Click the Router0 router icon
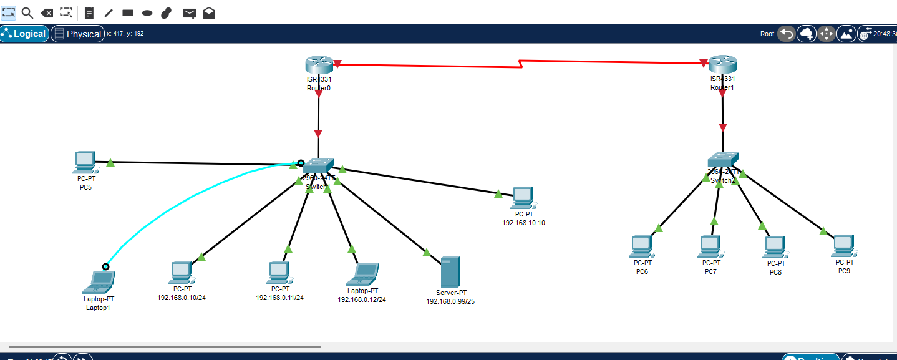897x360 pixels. pos(318,65)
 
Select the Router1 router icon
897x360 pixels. pos(722,64)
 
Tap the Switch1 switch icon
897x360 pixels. pos(318,165)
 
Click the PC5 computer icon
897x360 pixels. pos(84,162)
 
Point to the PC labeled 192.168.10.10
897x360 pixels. pos(523,198)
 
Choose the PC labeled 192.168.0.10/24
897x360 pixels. pos(180,273)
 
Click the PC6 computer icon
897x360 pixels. pos(641,246)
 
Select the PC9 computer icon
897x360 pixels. pos(843,246)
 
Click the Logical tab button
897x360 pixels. pos(25,34)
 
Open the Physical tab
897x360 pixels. pos(78,34)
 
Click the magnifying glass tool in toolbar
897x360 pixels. pos(27,12)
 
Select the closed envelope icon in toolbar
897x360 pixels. pos(189,13)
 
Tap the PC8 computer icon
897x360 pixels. pos(774,247)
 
